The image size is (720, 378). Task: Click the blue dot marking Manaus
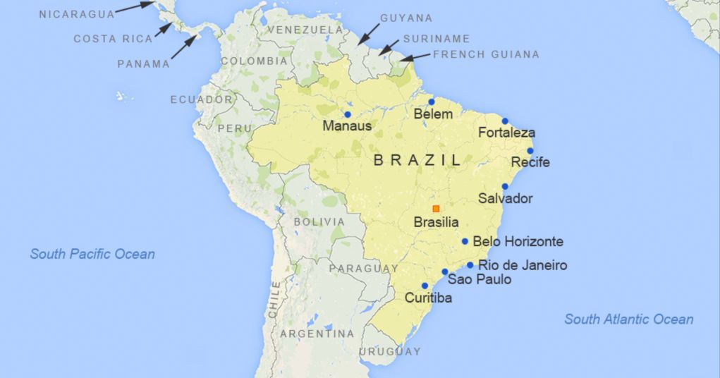(x=347, y=114)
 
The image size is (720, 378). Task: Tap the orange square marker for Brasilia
(x=436, y=208)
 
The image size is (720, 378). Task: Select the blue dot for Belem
(x=432, y=102)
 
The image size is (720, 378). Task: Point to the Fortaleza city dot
(x=505, y=121)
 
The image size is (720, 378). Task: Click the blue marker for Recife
(x=530, y=151)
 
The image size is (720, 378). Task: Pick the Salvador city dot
(x=505, y=187)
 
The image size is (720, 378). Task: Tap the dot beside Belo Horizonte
(x=465, y=241)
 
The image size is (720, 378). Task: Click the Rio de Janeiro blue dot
(x=470, y=265)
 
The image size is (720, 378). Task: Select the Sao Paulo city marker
(x=445, y=272)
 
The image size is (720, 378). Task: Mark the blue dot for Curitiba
(x=425, y=286)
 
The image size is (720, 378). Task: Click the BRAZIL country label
(x=417, y=160)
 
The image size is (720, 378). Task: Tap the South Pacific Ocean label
(x=92, y=254)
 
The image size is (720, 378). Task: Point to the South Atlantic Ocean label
(x=628, y=319)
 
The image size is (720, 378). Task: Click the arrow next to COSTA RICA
(x=164, y=30)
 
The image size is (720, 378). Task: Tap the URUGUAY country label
(x=389, y=351)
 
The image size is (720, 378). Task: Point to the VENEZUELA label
(x=305, y=30)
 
